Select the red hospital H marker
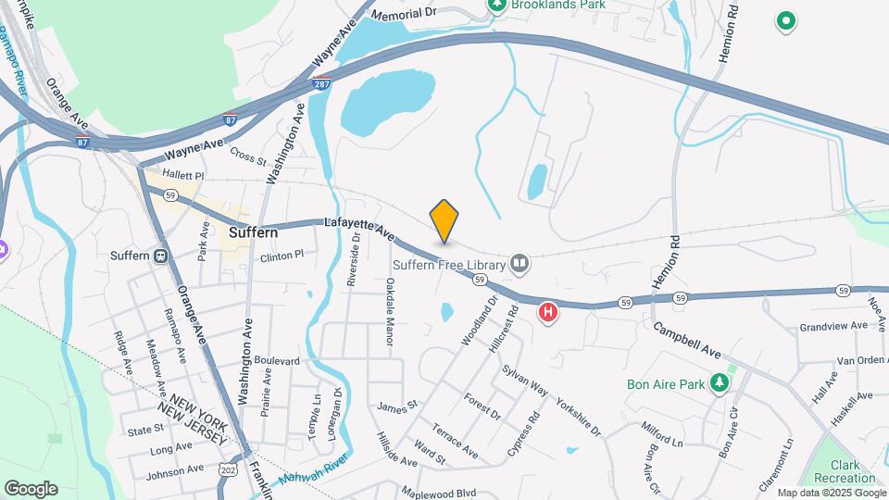[548, 313]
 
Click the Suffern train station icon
[160, 256]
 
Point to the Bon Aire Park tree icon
[720, 383]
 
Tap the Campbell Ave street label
[686, 341]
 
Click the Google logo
[31, 488]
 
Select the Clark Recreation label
[845, 471]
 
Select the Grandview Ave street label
[833, 326]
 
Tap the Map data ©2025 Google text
[832, 494]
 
